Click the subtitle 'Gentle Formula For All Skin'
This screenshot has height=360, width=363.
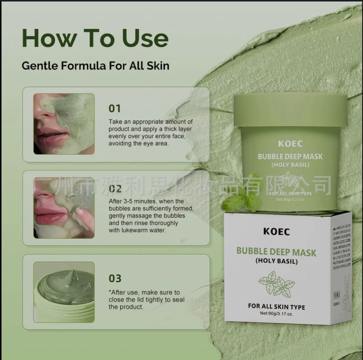click(95, 66)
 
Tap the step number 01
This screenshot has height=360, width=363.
click(115, 108)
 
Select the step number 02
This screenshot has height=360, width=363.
click(115, 189)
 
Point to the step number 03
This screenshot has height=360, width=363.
click(115, 278)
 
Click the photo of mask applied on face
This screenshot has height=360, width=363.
click(64, 124)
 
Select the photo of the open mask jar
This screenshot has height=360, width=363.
click(64, 292)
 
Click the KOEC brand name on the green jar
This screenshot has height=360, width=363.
click(290, 144)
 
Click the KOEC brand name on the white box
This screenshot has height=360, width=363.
click(276, 231)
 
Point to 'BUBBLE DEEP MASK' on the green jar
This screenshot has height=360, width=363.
click(290, 157)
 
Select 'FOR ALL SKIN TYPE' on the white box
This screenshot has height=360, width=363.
click(276, 307)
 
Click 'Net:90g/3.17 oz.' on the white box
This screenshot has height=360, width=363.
click(276, 314)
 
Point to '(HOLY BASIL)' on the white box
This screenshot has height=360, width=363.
click(276, 261)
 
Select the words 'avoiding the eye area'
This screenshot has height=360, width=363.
click(138, 143)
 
